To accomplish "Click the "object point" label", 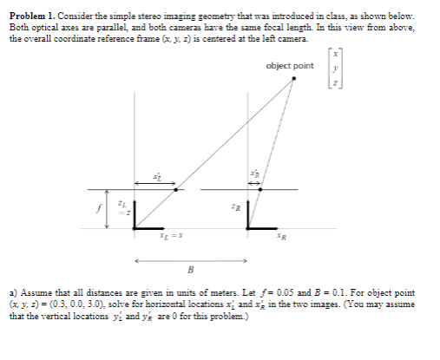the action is [x=290, y=66].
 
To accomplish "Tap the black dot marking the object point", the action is [x=292, y=80].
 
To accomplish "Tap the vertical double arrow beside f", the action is [x=108, y=208].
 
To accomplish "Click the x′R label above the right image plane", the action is [x=254, y=173].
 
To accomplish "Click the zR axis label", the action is [x=234, y=208].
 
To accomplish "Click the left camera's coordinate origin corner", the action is [x=135, y=228].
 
